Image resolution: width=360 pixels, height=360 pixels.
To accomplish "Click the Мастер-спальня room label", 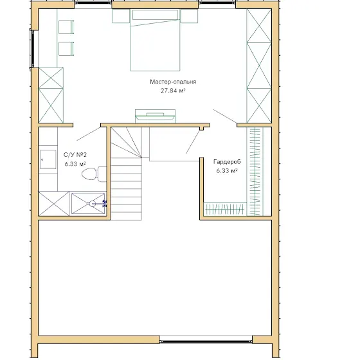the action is click(x=173, y=82).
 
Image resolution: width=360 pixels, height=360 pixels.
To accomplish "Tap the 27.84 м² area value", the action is click(x=173, y=91).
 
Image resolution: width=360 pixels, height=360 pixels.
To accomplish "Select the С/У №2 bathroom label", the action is click(x=75, y=155).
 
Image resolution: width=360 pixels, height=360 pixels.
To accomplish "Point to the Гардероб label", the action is click(x=227, y=162).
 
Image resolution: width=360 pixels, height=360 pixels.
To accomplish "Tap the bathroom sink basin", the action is click(x=48, y=159).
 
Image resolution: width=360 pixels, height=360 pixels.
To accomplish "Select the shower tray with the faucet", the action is click(x=89, y=204).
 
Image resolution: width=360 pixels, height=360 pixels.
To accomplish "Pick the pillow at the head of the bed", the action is click(x=155, y=15).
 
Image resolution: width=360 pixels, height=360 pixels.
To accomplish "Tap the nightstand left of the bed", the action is click(x=121, y=16).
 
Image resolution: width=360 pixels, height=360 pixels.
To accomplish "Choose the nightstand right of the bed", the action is click(x=189, y=16).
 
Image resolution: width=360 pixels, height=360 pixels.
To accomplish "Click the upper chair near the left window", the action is click(x=66, y=27).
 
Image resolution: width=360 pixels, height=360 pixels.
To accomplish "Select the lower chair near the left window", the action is click(x=66, y=49).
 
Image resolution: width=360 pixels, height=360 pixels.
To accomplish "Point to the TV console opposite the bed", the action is click(x=155, y=116).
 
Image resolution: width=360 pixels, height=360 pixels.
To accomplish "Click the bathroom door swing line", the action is click(x=89, y=134).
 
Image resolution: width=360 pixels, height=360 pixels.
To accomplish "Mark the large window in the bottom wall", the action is click(x=206, y=339).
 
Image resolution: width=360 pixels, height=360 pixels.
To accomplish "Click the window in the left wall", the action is click(x=32, y=49).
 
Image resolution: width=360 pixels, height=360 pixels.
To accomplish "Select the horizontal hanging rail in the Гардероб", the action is click(x=225, y=210).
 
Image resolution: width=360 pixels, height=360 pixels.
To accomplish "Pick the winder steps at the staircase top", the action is click(x=126, y=143).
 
